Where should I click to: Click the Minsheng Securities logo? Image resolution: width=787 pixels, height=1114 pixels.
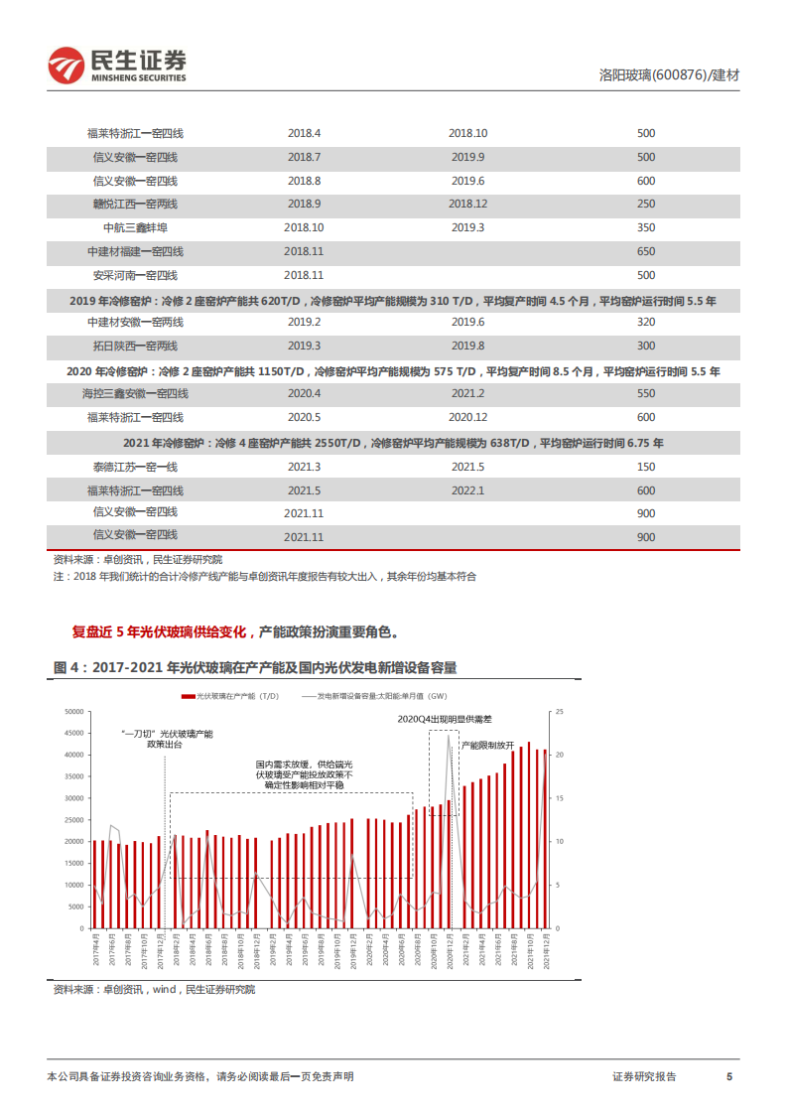(x=117, y=66)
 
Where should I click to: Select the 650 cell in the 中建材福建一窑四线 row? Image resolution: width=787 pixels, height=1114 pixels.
(x=646, y=252)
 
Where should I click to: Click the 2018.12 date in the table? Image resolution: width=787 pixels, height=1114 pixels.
(x=467, y=205)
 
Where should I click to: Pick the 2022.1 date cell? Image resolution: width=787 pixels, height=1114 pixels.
(x=467, y=490)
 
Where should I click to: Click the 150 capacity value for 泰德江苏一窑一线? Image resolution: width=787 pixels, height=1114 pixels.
(x=646, y=467)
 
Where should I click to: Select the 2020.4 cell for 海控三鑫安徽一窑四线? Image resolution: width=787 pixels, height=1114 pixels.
(x=305, y=394)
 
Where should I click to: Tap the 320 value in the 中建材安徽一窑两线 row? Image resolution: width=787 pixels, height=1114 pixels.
(x=646, y=323)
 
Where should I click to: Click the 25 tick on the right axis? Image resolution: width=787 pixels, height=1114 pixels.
(x=559, y=712)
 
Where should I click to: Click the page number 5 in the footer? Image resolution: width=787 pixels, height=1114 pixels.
(x=729, y=1077)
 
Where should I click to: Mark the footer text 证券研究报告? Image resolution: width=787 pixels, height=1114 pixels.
(x=645, y=1077)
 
